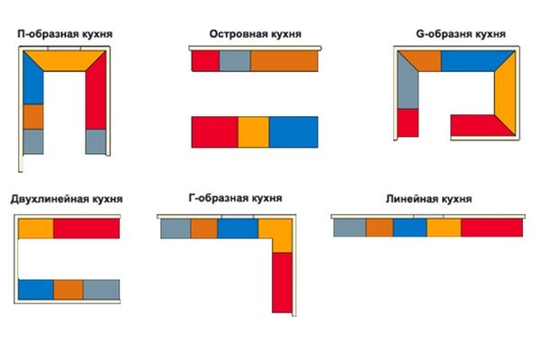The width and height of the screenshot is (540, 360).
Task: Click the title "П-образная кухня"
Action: click(x=65, y=34)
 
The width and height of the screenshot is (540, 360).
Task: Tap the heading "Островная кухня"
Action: click(x=256, y=34)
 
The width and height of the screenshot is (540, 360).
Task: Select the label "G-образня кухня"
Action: click(x=461, y=34)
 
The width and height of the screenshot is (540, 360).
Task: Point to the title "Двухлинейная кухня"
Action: click(x=67, y=199)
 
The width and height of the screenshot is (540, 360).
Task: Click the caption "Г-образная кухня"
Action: click(x=235, y=198)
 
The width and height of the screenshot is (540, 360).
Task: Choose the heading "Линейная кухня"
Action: click(x=428, y=199)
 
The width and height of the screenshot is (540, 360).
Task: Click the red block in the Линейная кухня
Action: click(x=491, y=228)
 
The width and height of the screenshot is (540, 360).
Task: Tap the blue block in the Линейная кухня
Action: click(x=409, y=228)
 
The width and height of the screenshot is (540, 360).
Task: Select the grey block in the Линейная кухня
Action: click(x=349, y=228)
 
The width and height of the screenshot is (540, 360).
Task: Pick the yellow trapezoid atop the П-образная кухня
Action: click(x=65, y=60)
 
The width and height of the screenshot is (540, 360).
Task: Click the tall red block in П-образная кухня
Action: click(x=96, y=90)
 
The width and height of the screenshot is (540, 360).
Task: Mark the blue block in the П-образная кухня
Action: click(x=32, y=81)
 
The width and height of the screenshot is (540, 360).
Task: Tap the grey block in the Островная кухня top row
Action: click(x=235, y=61)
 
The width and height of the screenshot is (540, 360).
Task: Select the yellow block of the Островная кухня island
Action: click(x=254, y=132)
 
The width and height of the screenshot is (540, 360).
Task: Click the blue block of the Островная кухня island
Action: click(x=293, y=132)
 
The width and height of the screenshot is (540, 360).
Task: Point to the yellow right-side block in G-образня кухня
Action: click(x=506, y=93)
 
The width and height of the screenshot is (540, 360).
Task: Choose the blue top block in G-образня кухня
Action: click(x=475, y=61)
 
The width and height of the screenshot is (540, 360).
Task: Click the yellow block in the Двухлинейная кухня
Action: click(x=36, y=229)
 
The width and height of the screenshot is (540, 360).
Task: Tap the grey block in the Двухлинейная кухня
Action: click(x=101, y=290)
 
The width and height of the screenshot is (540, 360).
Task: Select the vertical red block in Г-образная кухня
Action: click(x=282, y=283)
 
